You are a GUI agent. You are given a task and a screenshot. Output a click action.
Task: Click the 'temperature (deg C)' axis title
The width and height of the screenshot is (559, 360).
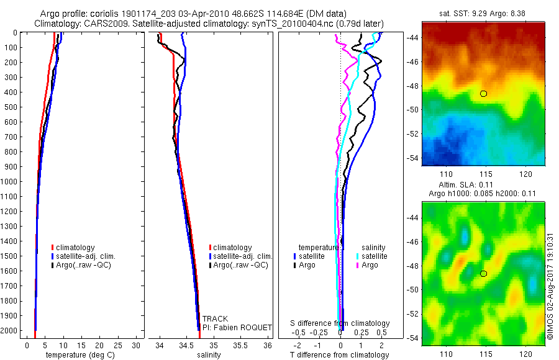pyautogui.click(x=78, y=355)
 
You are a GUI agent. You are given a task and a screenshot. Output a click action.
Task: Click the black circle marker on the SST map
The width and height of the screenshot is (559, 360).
pyautogui.click(x=483, y=94)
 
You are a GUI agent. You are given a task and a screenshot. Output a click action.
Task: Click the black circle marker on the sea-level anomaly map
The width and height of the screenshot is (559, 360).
pyautogui.click(x=483, y=274)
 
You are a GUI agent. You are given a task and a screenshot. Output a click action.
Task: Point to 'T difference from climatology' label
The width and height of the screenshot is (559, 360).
pyautogui.click(x=340, y=355)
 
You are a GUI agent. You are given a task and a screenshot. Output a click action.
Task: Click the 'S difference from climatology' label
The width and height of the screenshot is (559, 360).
pyautogui.click(x=340, y=323)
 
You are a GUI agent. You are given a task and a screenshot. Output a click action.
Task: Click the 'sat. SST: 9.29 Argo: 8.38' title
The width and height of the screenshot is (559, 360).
pyautogui.click(x=483, y=14)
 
